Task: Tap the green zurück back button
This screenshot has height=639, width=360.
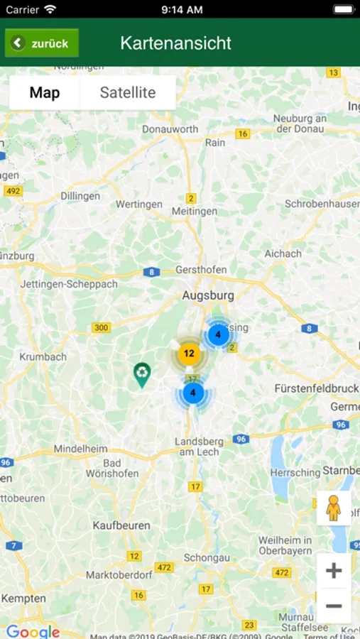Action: coord(42,43)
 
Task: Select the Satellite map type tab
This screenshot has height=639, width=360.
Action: coord(128,93)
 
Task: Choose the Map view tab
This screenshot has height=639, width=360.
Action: coord(45,93)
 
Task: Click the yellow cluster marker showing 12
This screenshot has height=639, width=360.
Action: coord(189,353)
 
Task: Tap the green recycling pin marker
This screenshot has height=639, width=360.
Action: coord(143,373)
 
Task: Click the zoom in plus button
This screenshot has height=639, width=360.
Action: coord(334,571)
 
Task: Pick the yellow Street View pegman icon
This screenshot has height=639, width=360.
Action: coord(334,508)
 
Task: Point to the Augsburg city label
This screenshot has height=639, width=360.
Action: coord(208,295)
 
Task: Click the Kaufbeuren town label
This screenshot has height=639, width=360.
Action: coord(121,525)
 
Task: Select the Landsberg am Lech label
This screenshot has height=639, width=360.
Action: coord(199,447)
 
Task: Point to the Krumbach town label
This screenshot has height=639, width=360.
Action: coord(43,356)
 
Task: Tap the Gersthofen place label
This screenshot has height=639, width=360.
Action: coord(201,270)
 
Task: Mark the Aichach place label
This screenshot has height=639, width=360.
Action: coord(283,253)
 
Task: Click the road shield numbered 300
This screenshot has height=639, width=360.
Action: coord(102,327)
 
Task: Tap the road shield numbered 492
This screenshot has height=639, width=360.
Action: coord(13,191)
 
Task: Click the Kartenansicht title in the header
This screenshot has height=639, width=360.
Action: coord(175,43)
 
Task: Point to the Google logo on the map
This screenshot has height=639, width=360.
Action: coord(33,631)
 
